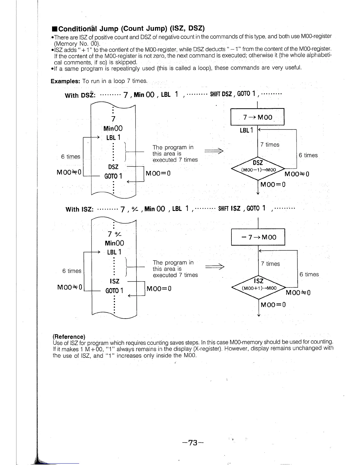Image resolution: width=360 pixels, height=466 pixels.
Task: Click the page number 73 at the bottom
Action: click(x=193, y=443)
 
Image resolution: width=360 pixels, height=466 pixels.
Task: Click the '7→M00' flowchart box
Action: click(x=258, y=117)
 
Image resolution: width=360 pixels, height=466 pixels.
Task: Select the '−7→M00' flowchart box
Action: click(x=258, y=237)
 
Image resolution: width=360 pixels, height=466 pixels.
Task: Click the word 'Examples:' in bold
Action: click(x=65, y=81)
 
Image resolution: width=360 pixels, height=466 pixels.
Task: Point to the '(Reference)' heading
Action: click(x=69, y=337)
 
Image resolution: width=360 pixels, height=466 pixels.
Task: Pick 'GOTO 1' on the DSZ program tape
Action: click(x=113, y=176)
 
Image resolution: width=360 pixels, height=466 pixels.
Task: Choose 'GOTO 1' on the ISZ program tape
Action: click(x=114, y=291)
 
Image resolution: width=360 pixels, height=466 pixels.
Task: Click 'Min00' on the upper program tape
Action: click(x=113, y=129)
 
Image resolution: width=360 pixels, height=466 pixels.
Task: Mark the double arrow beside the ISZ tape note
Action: click(x=215, y=267)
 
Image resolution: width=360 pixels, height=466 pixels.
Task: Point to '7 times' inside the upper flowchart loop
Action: click(x=270, y=145)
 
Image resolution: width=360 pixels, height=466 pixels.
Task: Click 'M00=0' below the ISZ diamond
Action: click(x=273, y=305)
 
